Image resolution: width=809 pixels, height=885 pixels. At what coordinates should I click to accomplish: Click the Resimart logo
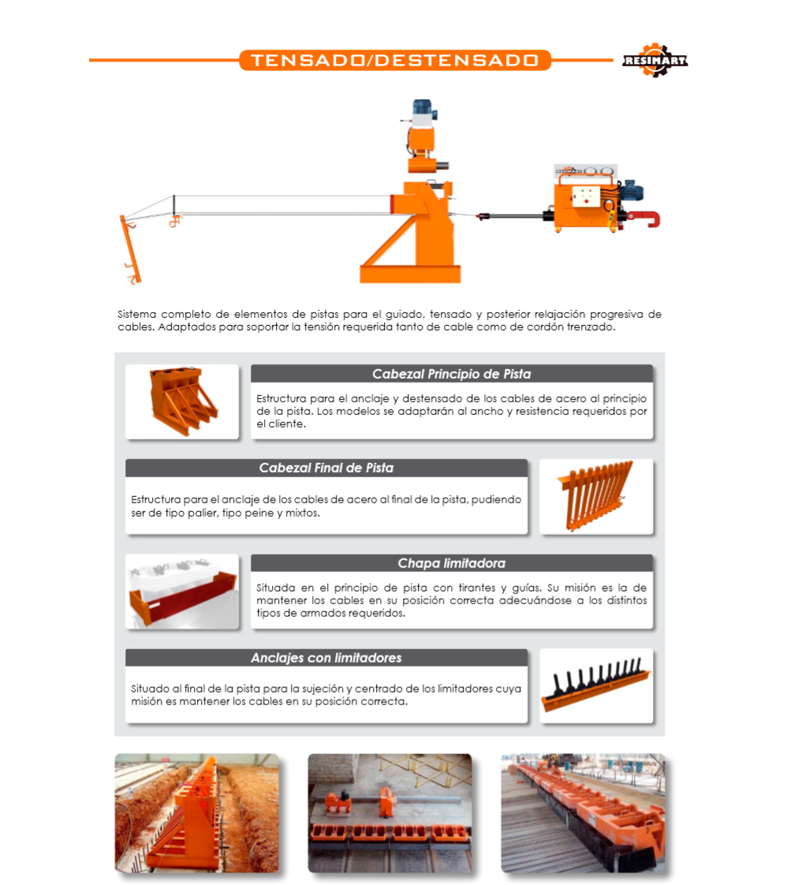click(x=655, y=60)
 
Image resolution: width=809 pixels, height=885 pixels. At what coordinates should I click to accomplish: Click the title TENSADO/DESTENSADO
click(x=395, y=61)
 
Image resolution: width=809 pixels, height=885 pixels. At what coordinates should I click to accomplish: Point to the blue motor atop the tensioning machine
click(x=423, y=107)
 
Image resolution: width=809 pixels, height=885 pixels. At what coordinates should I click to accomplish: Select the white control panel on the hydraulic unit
click(x=586, y=196)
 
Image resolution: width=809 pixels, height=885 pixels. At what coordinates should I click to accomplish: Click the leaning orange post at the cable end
click(x=130, y=249)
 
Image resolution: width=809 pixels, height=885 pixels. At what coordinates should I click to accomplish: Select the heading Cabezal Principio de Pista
click(x=451, y=374)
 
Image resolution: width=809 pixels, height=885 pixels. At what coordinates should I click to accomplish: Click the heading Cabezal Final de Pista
click(x=326, y=468)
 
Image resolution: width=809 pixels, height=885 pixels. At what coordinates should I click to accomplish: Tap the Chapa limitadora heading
click(x=451, y=563)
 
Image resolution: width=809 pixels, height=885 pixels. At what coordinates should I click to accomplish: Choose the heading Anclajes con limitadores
click(x=326, y=658)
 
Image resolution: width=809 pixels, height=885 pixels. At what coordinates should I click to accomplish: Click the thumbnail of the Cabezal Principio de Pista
click(x=182, y=401)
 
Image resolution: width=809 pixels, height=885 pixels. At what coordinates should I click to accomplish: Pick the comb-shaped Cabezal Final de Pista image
click(x=596, y=496)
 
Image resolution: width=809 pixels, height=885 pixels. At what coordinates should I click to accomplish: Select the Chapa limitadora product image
click(x=182, y=592)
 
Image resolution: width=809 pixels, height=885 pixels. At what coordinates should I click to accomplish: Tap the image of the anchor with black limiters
click(x=596, y=685)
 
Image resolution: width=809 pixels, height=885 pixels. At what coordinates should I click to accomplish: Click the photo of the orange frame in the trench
click(x=197, y=813)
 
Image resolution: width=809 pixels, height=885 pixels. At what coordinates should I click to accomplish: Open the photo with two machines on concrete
click(x=390, y=813)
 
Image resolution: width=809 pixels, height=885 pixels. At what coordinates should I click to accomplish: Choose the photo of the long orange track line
click(x=583, y=813)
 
